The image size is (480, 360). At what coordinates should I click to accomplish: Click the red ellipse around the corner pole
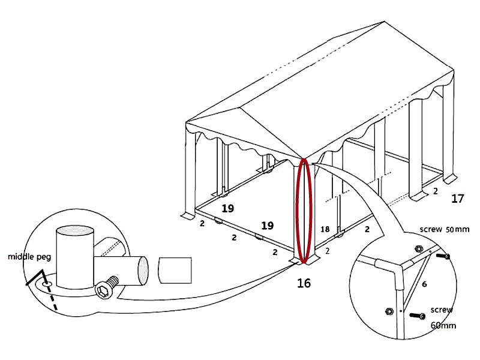tap(304, 211)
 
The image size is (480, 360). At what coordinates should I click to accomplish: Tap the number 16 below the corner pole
tap(304, 283)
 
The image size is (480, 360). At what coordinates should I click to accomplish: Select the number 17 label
tap(458, 199)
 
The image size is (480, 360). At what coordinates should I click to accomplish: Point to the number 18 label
tap(325, 229)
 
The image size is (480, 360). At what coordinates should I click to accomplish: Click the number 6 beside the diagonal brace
tap(424, 284)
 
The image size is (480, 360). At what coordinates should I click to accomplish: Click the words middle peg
tap(29, 257)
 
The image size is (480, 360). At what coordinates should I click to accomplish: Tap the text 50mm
tap(457, 229)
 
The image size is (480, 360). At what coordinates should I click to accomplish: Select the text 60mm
tap(443, 325)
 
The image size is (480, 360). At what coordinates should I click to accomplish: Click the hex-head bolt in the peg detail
tap(106, 287)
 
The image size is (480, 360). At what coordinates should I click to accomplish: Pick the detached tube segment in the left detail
tap(175, 271)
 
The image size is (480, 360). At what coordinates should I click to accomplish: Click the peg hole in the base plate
tap(47, 284)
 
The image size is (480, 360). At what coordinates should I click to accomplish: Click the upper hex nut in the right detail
tap(419, 248)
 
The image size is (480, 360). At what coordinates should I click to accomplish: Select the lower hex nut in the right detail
tap(389, 311)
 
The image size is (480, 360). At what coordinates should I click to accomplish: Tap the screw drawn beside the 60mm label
tap(418, 316)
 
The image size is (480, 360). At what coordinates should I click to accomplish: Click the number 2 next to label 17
tap(436, 191)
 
